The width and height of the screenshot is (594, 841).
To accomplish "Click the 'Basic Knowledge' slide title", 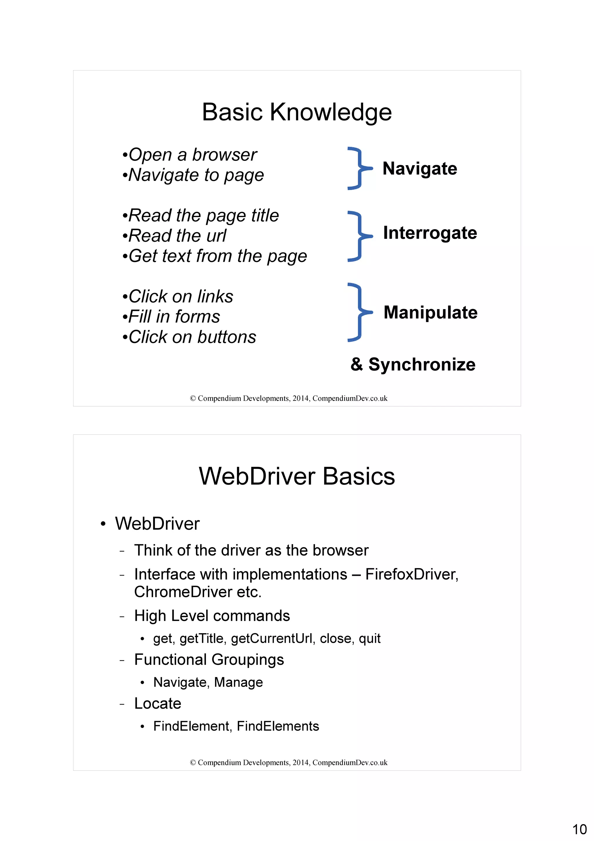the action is click(297, 112).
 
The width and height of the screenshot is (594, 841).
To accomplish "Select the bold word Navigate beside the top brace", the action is click(420, 169).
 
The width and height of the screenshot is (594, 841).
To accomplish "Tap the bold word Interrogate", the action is click(430, 233).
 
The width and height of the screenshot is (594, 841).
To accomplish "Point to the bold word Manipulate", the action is click(430, 313).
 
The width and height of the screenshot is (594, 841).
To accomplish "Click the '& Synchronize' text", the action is click(413, 364).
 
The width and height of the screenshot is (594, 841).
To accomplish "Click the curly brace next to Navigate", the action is click(359, 169).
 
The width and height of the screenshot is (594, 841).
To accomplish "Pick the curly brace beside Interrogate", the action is click(359, 236).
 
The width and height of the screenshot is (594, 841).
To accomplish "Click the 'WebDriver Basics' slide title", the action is click(297, 476).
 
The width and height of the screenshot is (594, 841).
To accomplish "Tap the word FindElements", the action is click(278, 726).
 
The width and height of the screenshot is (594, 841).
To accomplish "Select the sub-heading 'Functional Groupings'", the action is click(209, 660).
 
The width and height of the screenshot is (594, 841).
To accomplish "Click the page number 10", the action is click(579, 829).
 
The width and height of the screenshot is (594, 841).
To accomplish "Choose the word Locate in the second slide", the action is click(158, 703).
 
